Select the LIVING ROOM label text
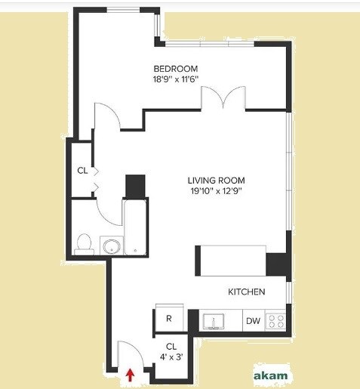click(217, 180)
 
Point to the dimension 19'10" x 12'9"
click(217, 190)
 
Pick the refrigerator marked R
click(169, 319)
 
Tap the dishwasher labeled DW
click(252, 321)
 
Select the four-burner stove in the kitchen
click(277, 321)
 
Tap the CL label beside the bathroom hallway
click(82, 171)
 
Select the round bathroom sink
click(111, 245)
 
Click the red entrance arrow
click(129, 374)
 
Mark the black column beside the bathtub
click(134, 186)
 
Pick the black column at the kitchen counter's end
click(277, 264)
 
